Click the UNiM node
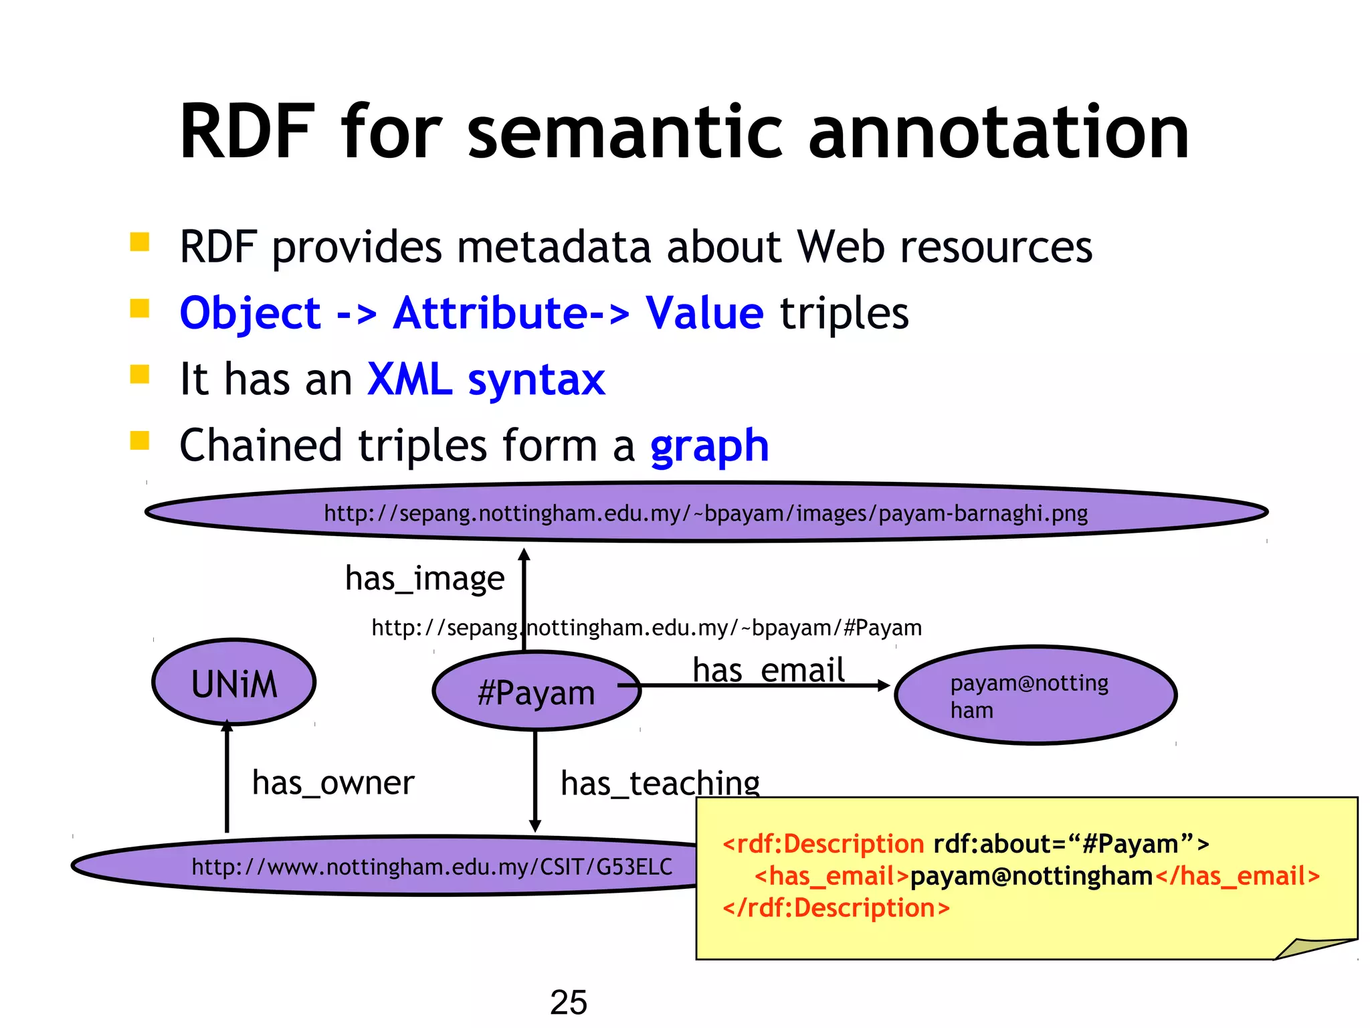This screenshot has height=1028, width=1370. pyautogui.click(x=233, y=683)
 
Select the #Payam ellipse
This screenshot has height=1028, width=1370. pyautogui.click(x=536, y=692)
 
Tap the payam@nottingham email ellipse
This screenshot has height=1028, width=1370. pyautogui.click(x=1035, y=695)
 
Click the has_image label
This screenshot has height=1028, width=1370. pyautogui.click(x=424, y=578)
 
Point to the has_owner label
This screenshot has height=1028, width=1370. pyautogui.click(x=333, y=782)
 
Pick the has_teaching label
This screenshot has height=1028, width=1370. pyautogui.click(x=660, y=782)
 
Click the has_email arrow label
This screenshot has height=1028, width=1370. pyautogui.click(x=768, y=670)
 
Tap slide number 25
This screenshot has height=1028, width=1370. pyautogui.click(x=568, y=1002)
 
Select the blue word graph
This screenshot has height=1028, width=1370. pyautogui.click(x=709, y=446)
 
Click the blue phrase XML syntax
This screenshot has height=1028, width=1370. pyautogui.click(x=486, y=379)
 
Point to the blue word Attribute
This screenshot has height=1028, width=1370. pyautogui.click(x=490, y=313)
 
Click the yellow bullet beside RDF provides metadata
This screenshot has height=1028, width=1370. pyautogui.click(x=139, y=242)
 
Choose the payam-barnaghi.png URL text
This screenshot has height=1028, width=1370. pyautogui.click(x=705, y=513)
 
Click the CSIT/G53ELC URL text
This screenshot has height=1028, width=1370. pyautogui.click(x=431, y=867)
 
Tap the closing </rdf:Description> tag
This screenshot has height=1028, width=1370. pyautogui.click(x=836, y=908)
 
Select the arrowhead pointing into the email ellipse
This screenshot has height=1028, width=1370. pyautogui.click(x=884, y=685)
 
